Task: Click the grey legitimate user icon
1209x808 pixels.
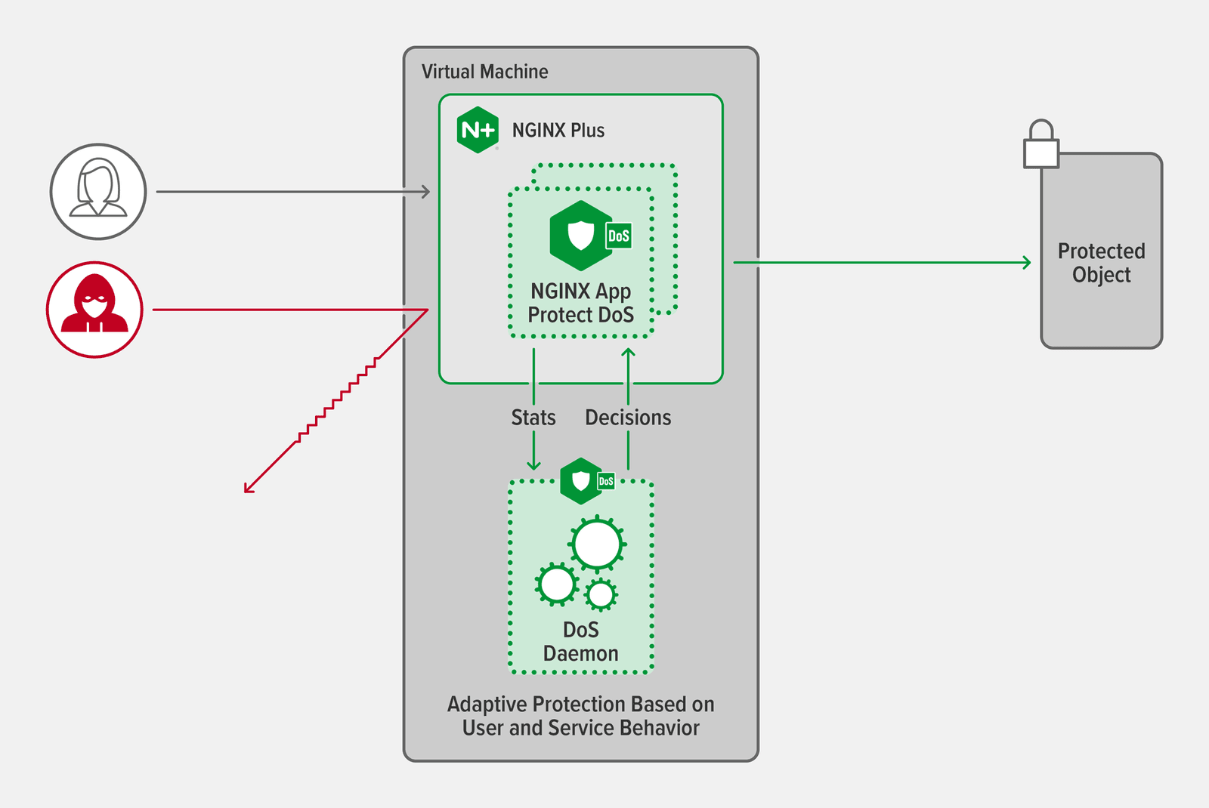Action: click(x=98, y=192)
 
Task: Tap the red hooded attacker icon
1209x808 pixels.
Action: click(x=94, y=310)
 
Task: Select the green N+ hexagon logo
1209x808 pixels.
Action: click(x=478, y=130)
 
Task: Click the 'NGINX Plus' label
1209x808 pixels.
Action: click(x=558, y=131)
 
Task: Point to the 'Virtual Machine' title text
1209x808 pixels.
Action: click(x=484, y=72)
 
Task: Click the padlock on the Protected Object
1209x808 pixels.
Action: click(x=1041, y=145)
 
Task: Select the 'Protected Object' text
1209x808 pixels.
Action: click(x=1101, y=263)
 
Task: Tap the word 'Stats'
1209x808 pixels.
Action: click(x=533, y=418)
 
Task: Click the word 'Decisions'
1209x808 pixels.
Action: click(x=628, y=418)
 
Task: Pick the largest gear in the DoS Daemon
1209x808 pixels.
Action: click(x=598, y=544)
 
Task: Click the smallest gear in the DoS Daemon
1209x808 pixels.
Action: click(x=601, y=595)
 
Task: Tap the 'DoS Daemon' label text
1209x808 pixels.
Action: click(x=580, y=642)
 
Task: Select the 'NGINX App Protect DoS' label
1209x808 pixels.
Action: click(x=580, y=303)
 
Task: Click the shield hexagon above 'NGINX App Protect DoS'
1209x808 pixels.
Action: click(x=581, y=236)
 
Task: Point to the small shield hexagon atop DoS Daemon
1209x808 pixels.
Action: click(x=581, y=481)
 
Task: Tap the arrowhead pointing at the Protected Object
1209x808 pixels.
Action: click(x=1028, y=263)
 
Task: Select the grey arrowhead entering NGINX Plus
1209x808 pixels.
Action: click(x=427, y=192)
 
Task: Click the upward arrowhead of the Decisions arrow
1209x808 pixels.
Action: click(x=628, y=352)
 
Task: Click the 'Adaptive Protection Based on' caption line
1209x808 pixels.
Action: click(x=580, y=705)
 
